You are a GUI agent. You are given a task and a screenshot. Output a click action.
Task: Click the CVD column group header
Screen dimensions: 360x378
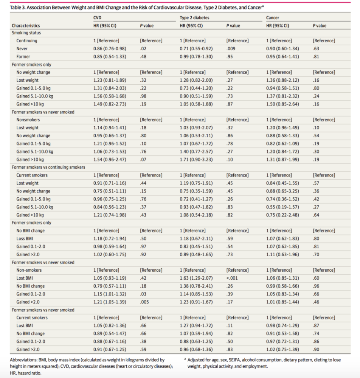coord(97,18)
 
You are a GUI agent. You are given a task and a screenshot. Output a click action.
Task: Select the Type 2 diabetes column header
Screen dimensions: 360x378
coord(194,18)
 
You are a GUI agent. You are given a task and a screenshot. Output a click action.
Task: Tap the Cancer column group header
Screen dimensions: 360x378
coord(273,18)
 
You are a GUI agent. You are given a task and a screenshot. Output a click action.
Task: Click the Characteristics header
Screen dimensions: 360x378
coord(26,26)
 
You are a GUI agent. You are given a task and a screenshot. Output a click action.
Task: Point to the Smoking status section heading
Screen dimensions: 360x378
coord(26,33)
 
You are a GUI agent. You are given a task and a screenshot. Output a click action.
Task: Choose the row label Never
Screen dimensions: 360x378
coord(22,49)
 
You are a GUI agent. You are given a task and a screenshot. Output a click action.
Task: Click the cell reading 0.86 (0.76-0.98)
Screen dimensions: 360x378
coord(110,49)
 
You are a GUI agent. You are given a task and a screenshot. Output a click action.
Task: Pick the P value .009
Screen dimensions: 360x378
coord(231,49)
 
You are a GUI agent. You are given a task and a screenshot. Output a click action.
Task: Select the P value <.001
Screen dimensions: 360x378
coord(232,278)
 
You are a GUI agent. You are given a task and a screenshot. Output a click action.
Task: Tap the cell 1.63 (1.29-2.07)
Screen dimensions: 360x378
coord(196,278)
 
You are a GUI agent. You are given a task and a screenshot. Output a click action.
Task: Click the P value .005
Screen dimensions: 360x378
coord(144,302)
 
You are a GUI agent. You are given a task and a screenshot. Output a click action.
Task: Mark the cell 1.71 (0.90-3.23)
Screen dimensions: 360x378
coord(196,160)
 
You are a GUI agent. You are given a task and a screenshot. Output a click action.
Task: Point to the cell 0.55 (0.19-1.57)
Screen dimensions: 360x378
coord(282,207)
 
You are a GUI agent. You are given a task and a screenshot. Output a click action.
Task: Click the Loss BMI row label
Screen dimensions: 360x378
coord(25,239)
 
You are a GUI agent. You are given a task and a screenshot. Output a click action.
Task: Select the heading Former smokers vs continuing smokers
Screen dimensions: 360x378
coord(48,167)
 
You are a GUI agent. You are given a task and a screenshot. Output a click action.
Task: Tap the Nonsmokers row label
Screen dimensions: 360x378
coord(28,120)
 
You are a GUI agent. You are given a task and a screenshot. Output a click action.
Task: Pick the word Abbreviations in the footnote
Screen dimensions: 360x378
coord(23,360)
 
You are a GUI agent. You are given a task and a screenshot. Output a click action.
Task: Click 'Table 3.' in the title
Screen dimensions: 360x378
coord(18,8)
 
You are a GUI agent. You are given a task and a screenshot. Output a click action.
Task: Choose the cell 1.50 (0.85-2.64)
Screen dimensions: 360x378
coord(282,104)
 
